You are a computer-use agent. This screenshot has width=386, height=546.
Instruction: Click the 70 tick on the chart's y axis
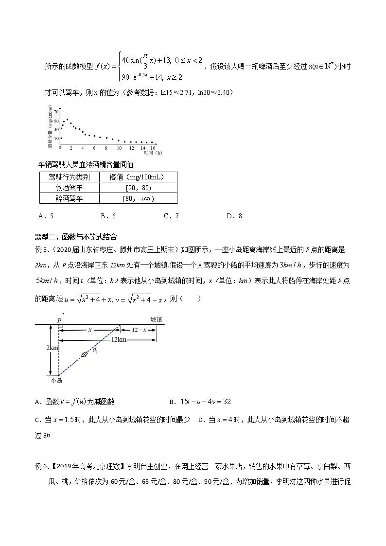click(x=56, y=112)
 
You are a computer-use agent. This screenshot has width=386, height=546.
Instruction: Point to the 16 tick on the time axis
click(x=153, y=147)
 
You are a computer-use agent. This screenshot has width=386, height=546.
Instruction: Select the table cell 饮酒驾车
click(x=69, y=188)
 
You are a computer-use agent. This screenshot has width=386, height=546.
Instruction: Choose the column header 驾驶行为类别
click(x=69, y=177)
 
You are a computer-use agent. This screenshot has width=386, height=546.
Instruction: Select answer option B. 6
click(x=108, y=216)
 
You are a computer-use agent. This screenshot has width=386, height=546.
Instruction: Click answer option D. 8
click(x=234, y=216)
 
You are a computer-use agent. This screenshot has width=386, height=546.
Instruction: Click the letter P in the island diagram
click(x=59, y=320)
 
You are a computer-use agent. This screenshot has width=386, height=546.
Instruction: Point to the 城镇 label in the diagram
click(x=156, y=319)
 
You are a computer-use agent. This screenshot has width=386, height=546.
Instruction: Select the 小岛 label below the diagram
click(x=57, y=381)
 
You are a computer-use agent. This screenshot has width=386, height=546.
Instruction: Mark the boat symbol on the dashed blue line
click(x=85, y=354)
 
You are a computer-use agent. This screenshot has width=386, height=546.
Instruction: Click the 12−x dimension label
click(x=139, y=329)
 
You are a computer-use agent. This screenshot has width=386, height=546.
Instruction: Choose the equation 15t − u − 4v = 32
click(x=203, y=402)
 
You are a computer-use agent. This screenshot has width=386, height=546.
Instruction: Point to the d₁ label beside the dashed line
click(x=95, y=351)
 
